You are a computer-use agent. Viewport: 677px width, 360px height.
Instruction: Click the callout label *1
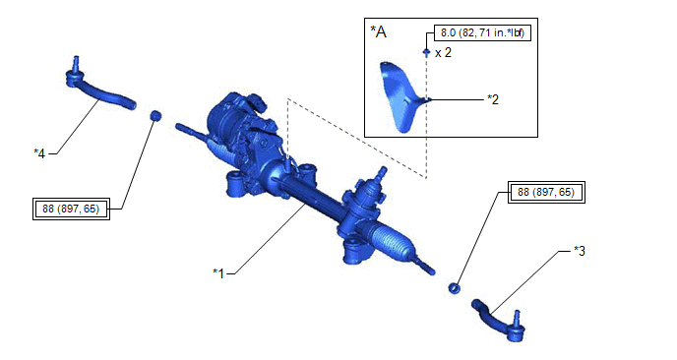218,273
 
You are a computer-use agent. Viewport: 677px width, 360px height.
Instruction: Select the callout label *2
493,99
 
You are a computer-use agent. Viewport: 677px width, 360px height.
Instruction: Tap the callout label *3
580,251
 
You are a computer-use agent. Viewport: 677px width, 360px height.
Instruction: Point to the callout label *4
39,153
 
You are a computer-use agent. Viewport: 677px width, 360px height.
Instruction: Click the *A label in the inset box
378,31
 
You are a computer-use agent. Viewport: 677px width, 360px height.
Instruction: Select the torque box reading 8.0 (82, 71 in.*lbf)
482,32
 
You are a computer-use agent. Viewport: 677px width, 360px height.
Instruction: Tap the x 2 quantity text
443,53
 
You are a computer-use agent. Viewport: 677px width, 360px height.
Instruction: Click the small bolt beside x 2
427,53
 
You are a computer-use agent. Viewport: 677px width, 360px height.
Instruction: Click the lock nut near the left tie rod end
155,116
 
